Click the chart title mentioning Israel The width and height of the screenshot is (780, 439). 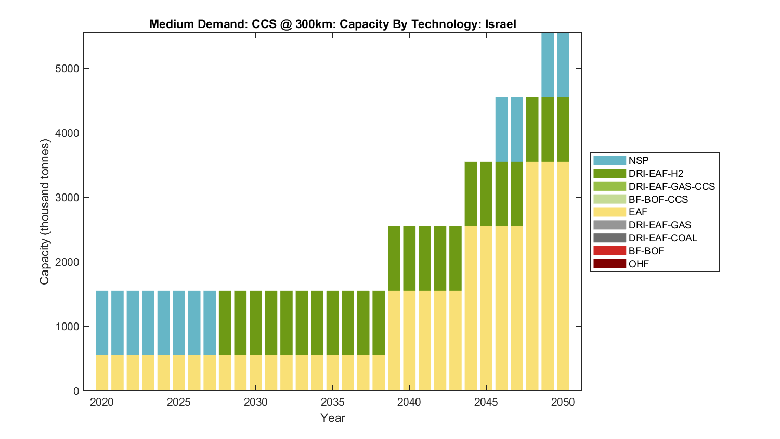pos(332,24)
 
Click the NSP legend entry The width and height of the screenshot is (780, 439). pos(638,160)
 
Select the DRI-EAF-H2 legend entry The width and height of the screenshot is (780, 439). pos(656,173)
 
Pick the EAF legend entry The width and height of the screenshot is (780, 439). pos(638,212)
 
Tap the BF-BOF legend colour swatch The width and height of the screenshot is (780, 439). pos(609,251)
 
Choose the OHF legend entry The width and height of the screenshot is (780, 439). pos(639,264)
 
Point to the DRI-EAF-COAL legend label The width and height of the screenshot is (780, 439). pos(662,238)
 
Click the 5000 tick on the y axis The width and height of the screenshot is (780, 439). pos(67,69)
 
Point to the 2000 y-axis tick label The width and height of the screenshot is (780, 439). pos(67,262)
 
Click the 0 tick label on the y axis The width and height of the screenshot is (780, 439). pos(76,391)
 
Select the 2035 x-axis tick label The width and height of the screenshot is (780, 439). pos(332,402)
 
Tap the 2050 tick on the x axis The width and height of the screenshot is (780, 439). pos(563,402)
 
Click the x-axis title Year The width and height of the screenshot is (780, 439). pos(332,418)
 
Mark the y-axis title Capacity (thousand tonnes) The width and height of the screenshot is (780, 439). pos(45,212)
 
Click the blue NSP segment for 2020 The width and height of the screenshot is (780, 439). pos(102,322)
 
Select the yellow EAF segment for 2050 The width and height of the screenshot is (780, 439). pos(563,276)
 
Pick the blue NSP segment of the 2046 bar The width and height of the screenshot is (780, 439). pos(501,130)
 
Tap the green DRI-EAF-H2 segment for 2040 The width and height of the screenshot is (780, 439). pos(409,258)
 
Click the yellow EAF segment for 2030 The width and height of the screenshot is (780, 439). pos(256,372)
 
